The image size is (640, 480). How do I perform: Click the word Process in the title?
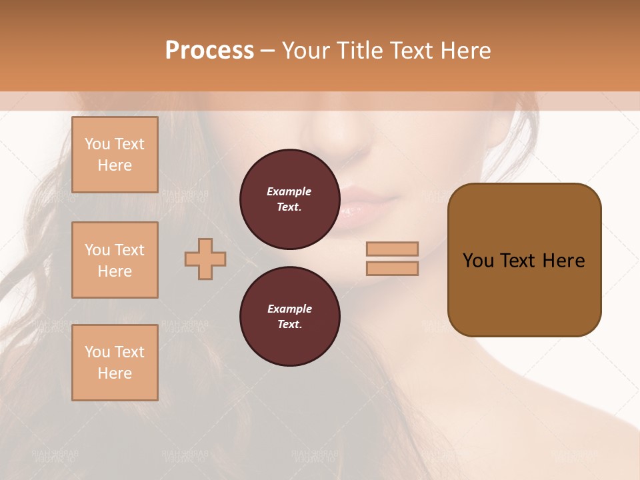209,51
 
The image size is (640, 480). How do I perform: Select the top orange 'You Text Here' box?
115,155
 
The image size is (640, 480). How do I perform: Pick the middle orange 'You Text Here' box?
115,260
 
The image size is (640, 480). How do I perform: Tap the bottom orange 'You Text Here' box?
115,363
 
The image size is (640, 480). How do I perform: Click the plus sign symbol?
205,259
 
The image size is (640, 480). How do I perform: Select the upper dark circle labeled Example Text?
289,199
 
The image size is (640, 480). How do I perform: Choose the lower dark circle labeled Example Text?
289,317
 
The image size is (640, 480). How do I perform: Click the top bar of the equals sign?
393,249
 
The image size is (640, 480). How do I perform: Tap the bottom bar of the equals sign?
393,268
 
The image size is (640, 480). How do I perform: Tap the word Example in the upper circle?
289,191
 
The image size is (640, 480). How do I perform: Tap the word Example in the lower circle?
289,309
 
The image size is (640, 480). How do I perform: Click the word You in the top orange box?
97,144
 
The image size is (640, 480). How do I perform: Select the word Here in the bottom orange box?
115,373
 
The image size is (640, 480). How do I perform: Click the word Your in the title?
306,51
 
